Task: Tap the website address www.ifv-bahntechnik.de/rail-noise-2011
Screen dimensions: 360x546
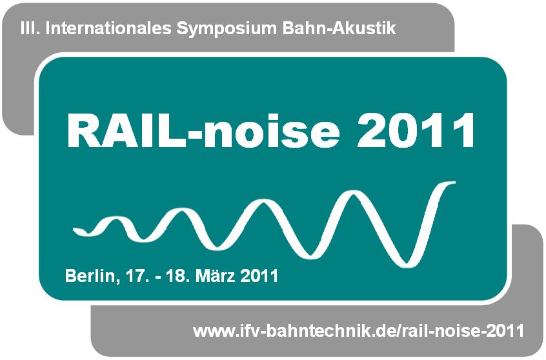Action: point(359,332)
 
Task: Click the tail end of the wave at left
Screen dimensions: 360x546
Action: point(77,230)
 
